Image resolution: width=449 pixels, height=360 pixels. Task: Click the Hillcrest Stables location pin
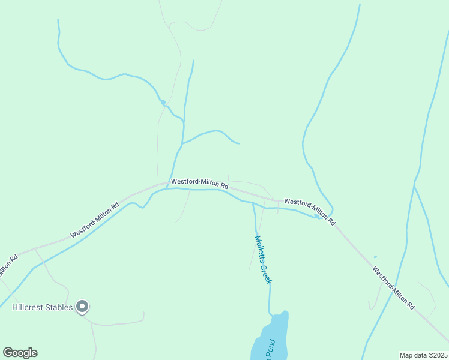click(83, 308)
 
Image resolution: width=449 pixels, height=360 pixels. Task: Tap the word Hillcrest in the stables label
click(29, 308)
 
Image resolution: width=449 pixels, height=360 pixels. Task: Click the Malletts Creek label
click(263, 259)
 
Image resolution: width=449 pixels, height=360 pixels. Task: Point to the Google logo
click(20, 353)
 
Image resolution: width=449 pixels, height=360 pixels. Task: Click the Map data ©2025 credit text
click(423, 355)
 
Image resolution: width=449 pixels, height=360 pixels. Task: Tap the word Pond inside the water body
click(271, 347)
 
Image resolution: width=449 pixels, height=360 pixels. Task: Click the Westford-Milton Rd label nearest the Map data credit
click(393, 288)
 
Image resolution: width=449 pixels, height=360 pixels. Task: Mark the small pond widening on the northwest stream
click(162, 103)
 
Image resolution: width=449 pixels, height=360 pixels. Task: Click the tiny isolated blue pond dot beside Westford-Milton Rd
click(375, 257)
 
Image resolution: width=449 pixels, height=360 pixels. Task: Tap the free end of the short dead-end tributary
click(239, 143)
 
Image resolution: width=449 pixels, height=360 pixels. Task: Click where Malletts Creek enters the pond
click(271, 313)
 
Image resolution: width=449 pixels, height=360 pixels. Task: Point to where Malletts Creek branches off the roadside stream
click(253, 203)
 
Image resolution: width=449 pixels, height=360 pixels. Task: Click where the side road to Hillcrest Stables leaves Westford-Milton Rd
click(35, 248)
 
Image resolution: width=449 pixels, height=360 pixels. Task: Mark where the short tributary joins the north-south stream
click(182, 143)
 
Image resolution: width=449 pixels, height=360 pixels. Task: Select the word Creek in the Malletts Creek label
click(266, 271)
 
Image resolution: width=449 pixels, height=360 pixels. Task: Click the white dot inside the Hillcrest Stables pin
click(83, 307)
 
